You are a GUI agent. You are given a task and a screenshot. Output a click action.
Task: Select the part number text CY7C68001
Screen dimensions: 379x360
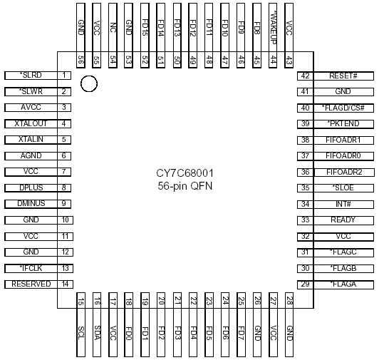[x=185, y=173]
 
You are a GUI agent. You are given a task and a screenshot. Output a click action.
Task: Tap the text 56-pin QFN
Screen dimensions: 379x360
[x=185, y=186]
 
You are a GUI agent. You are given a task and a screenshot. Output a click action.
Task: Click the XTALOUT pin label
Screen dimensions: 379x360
[x=31, y=123]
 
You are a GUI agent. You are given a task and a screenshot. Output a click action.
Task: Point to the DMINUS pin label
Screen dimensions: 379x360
[x=31, y=203]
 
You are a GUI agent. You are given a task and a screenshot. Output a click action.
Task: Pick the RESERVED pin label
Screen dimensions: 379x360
[x=31, y=284]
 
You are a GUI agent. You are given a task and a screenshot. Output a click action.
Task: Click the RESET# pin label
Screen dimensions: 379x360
[x=343, y=76]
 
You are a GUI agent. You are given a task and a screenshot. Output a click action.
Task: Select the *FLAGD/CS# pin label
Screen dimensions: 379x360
[x=343, y=108]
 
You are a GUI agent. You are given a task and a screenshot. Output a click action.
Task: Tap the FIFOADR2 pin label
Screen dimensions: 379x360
[x=344, y=172]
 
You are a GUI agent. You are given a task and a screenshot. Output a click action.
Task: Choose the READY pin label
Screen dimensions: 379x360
[x=343, y=220]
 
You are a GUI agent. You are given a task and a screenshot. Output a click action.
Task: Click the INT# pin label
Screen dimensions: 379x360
[x=343, y=204]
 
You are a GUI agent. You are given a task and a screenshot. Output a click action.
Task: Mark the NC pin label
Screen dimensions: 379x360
[x=113, y=27]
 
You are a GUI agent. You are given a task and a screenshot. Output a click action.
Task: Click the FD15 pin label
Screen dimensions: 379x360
[x=145, y=27]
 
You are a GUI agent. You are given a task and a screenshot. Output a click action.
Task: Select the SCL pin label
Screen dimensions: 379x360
[x=81, y=333]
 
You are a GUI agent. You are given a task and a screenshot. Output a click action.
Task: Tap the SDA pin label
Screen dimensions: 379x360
[x=97, y=333]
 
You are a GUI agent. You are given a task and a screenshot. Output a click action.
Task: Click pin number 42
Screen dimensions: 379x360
[x=305, y=76]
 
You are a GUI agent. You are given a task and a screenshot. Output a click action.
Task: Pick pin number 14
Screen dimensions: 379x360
[x=65, y=284]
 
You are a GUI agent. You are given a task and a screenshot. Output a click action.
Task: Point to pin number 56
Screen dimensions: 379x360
[x=81, y=60]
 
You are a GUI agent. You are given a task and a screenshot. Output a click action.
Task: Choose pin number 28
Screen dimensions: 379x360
[x=289, y=301]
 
